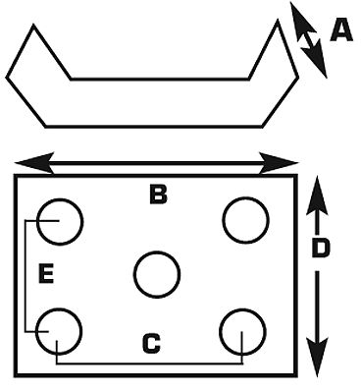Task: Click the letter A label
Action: coord(340,31)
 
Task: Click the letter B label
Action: coord(158,195)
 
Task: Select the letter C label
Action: coord(151,344)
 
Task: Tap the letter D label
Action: coord(320,249)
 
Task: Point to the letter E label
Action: coord(44,273)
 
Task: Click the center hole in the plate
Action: coord(157,274)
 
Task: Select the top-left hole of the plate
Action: coord(59,220)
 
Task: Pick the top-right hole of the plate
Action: coord(245,220)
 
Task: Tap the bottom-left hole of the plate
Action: coord(59,329)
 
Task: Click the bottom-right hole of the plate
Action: coord(242,331)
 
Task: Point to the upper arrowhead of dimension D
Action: coord(317,192)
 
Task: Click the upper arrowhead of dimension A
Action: coord(298,17)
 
